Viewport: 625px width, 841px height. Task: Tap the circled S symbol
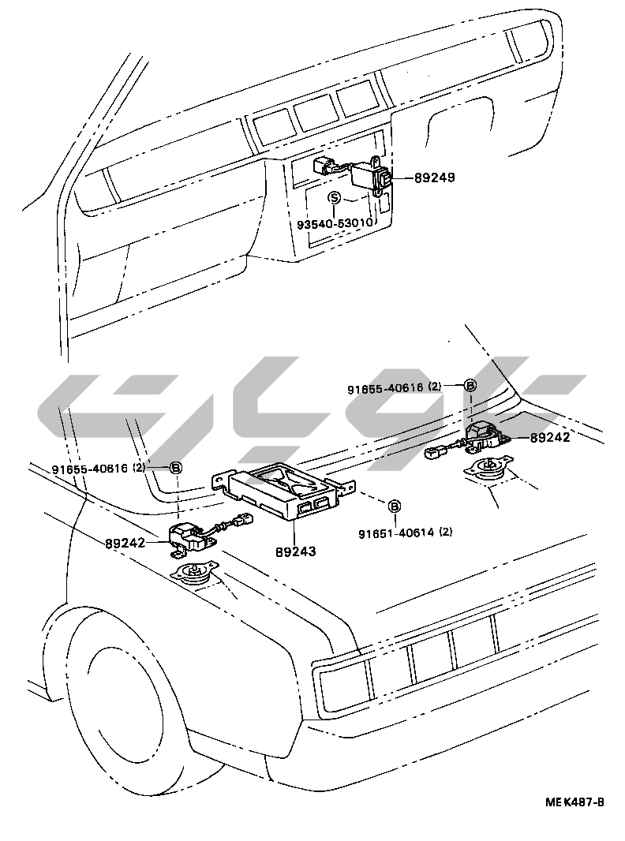click(x=335, y=197)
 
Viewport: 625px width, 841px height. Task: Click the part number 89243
click(x=296, y=551)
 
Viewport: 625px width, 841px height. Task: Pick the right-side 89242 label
click(x=549, y=437)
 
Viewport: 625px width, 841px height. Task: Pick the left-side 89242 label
click(x=126, y=542)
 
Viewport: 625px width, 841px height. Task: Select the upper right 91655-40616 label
click(x=386, y=388)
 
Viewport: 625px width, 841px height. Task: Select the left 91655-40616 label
click(x=92, y=468)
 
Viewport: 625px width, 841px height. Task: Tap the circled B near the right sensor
click(x=470, y=386)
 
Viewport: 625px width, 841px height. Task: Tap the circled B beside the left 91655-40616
click(x=176, y=468)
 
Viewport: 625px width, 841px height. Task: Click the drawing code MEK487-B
click(x=574, y=802)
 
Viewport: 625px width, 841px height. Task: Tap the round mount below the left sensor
click(x=195, y=573)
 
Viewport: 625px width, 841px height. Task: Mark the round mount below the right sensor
click(x=488, y=469)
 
